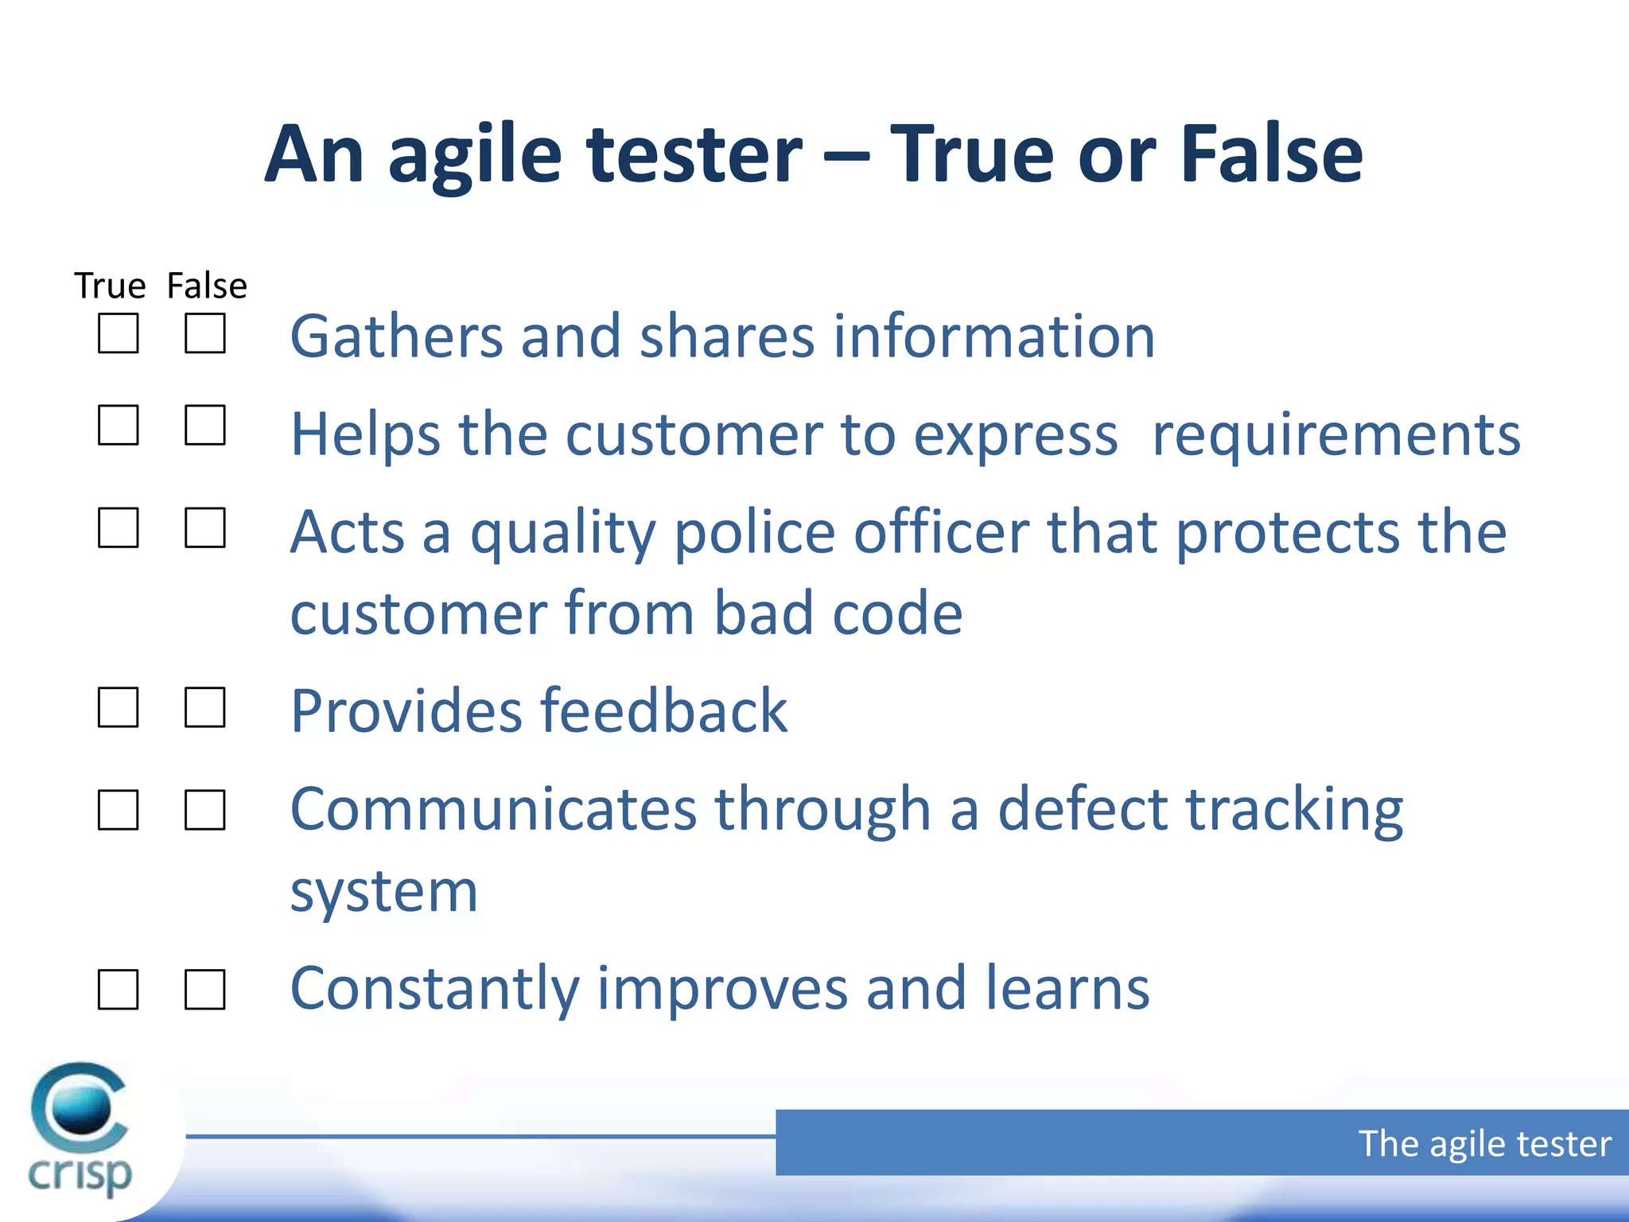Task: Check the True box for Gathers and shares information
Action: pyautogui.click(x=118, y=333)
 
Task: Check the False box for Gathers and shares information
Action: pyautogui.click(x=204, y=333)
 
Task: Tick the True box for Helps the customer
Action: pyautogui.click(x=118, y=425)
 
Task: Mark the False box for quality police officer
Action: pyautogui.click(x=204, y=527)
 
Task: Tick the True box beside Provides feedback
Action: pyautogui.click(x=118, y=707)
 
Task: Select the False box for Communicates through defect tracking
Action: pyautogui.click(x=204, y=810)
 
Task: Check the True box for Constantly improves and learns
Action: pyautogui.click(x=118, y=990)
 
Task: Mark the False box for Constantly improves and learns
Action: pyautogui.click(x=204, y=990)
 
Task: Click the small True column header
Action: pyautogui.click(x=110, y=286)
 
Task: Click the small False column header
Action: pyautogui.click(x=207, y=286)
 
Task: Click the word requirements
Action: pyautogui.click(x=1335, y=435)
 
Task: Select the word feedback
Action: pyautogui.click(x=663, y=710)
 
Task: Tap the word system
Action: pyautogui.click(x=383, y=892)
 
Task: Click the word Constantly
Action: pyautogui.click(x=434, y=989)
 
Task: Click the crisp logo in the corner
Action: pyautogui.click(x=80, y=1130)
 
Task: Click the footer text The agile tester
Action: pyautogui.click(x=1484, y=1143)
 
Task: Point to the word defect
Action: pyautogui.click(x=1083, y=809)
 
